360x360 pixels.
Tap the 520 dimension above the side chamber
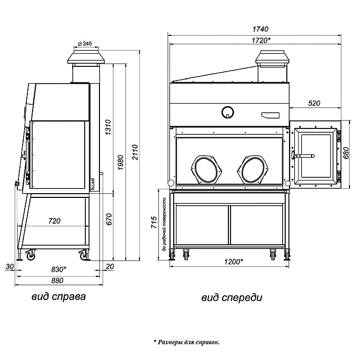(x=314, y=103)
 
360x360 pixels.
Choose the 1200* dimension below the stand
(x=234, y=262)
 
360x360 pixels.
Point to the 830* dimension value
(x=58, y=268)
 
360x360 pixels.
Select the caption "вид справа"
(x=58, y=297)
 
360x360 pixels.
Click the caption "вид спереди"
(x=232, y=298)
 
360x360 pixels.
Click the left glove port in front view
(x=206, y=169)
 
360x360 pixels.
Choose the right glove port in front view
(x=254, y=169)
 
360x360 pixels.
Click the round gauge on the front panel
(x=227, y=112)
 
